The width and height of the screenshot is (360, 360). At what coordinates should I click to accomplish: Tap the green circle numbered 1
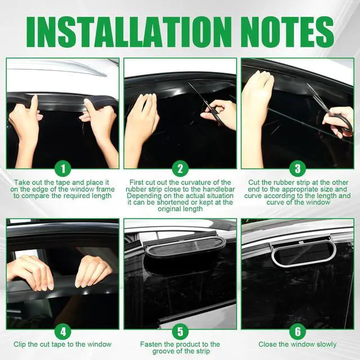(x=63, y=168)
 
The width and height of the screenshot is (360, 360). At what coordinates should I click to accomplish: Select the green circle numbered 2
(x=180, y=168)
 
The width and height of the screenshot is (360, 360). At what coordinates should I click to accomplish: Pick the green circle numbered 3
(x=298, y=168)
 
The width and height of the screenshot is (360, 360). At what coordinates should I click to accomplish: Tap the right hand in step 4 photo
(x=93, y=270)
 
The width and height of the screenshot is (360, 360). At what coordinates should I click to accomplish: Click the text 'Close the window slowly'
(x=298, y=344)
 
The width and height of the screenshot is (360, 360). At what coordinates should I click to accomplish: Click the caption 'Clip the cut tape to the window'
(x=63, y=344)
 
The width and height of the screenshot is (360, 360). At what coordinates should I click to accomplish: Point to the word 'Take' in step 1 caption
(x=21, y=182)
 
